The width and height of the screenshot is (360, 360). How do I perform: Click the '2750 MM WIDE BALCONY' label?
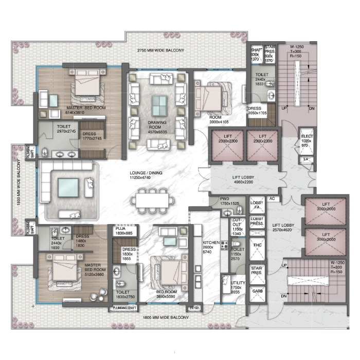(160, 50)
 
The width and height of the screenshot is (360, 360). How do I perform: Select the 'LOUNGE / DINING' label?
(146, 173)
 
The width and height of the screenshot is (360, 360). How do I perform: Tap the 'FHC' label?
(257, 246)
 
